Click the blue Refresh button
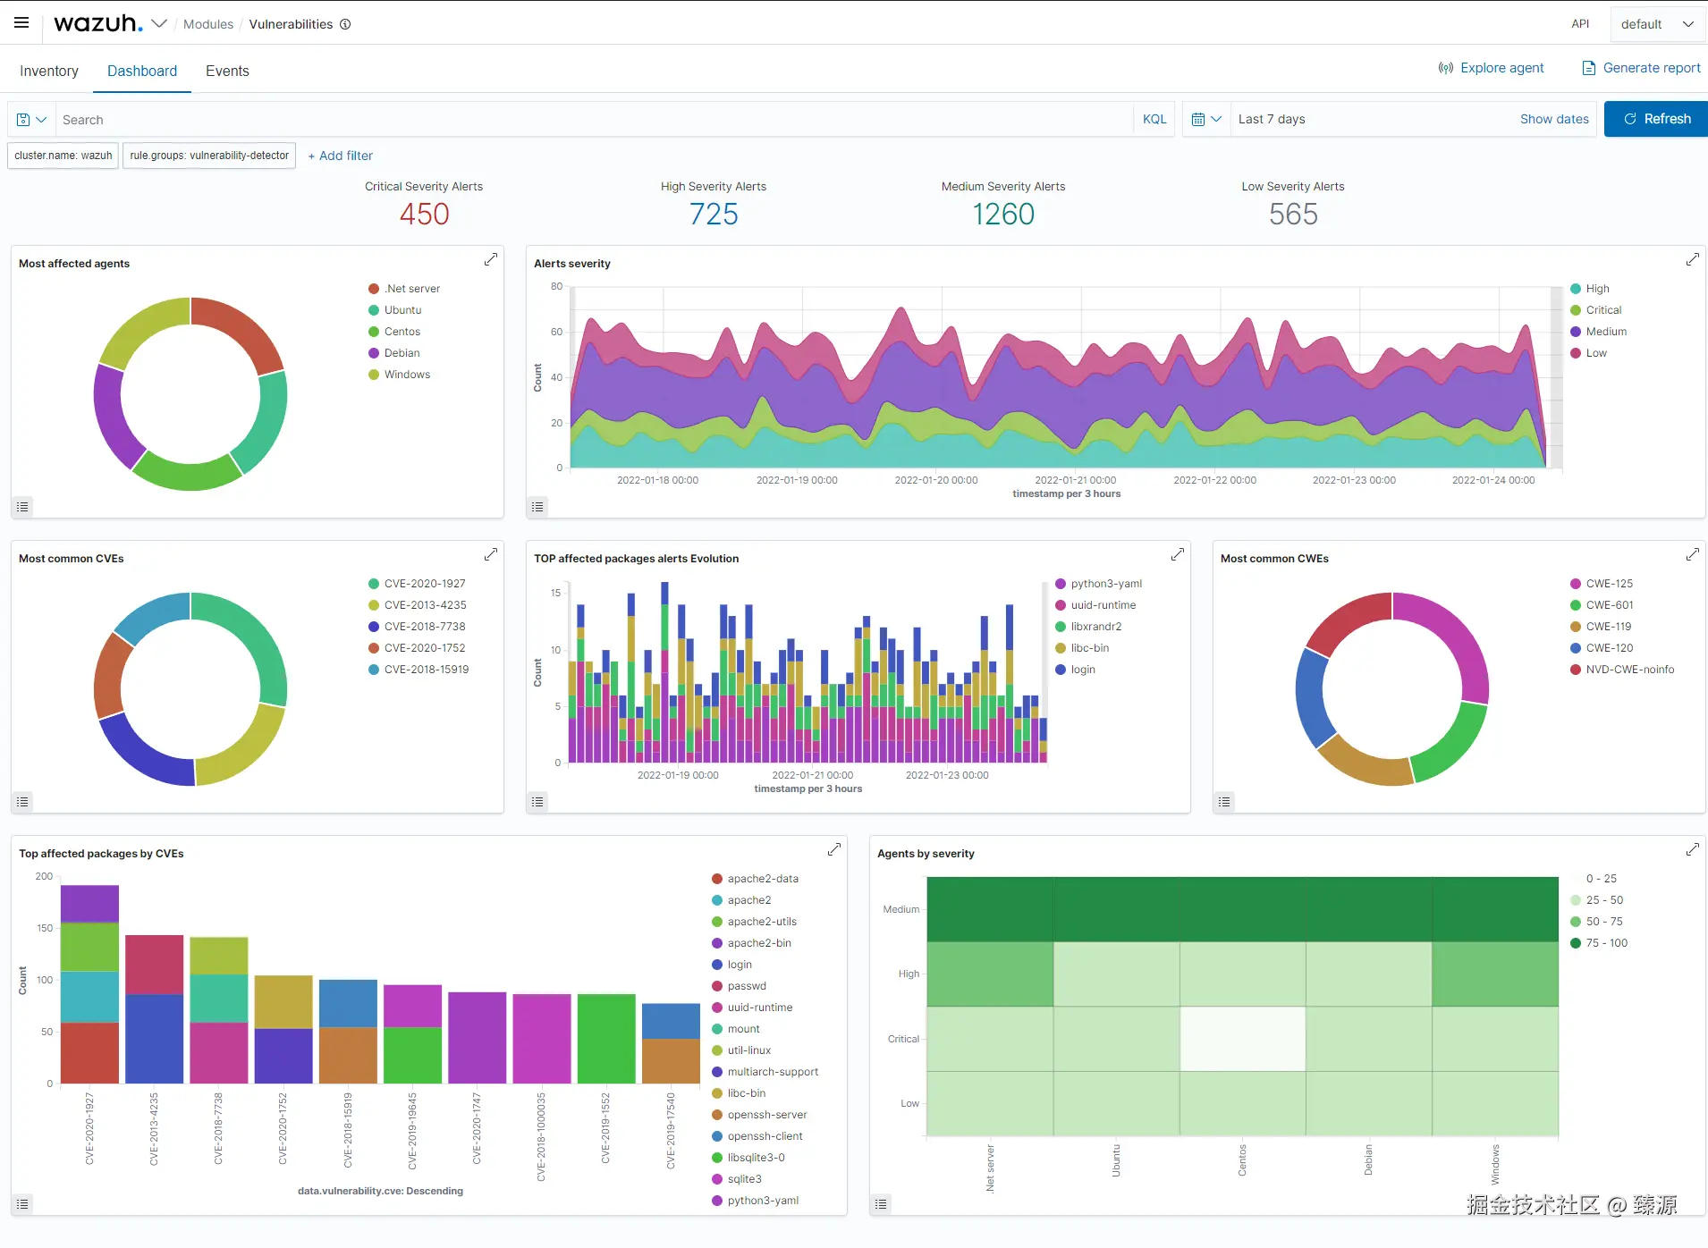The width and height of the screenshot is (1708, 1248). (1656, 119)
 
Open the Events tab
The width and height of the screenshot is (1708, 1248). (227, 71)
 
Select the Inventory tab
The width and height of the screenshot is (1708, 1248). (49, 71)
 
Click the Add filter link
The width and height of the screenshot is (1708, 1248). (341, 156)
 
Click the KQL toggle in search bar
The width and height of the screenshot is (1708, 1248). (1154, 119)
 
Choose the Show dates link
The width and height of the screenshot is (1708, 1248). (1554, 119)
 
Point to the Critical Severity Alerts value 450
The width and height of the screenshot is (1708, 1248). (424, 215)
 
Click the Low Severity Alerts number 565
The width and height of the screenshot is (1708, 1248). (1293, 215)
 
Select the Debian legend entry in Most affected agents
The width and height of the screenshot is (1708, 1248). (402, 353)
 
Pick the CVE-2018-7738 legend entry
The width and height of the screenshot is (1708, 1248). (425, 627)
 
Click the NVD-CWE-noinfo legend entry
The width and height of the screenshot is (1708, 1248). (1629, 670)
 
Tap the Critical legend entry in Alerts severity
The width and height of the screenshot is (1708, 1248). (1603, 310)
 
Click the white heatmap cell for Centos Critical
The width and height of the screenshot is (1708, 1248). (1242, 1039)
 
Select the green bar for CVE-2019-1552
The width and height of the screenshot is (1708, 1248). (606, 1039)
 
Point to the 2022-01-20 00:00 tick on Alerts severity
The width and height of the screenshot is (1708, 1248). (936, 480)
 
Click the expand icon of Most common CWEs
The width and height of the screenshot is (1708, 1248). (1693, 554)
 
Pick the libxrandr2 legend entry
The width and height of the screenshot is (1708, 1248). (1095, 627)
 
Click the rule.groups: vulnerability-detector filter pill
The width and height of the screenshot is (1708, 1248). (209, 156)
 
